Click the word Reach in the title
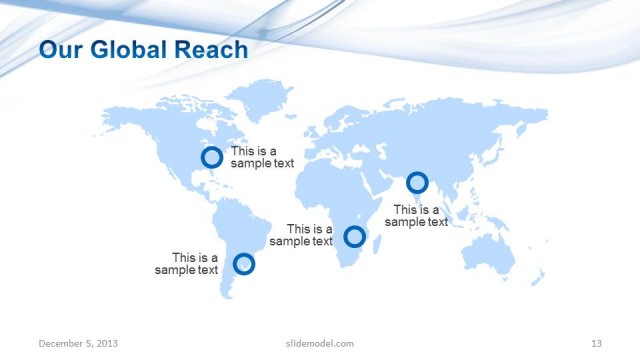213,49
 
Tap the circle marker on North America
212,158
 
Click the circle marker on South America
244,264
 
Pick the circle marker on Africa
354,237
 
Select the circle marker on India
417,183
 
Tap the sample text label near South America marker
187,264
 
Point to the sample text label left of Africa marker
302,235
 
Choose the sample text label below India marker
416,216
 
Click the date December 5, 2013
78,343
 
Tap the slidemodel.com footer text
313,343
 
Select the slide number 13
596,343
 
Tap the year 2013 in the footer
106,343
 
